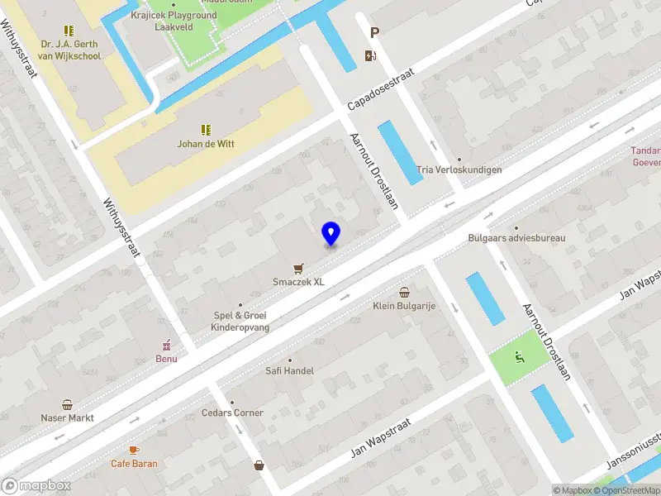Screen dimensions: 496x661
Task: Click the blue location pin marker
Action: coord(330,233)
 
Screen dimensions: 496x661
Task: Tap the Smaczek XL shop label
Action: coord(298,281)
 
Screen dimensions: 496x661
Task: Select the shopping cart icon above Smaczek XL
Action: coord(298,268)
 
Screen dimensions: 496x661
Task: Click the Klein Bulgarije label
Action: coord(404,306)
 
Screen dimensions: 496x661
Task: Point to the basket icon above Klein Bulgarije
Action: coord(404,292)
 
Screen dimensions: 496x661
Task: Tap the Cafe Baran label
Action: coord(134,464)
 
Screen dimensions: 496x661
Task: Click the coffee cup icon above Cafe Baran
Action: coord(134,450)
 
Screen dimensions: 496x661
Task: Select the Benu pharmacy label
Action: coord(166,359)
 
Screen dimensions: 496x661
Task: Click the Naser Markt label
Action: coord(67,418)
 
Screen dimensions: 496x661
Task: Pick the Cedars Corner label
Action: coord(232,413)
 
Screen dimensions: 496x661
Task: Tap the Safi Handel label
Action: coord(289,371)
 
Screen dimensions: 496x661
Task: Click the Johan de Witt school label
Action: coord(206,144)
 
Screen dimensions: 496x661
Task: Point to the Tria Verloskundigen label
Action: coord(459,169)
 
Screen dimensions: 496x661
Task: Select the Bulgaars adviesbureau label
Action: coord(516,238)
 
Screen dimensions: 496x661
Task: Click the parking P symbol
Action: coord(374,33)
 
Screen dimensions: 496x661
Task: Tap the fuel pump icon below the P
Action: coord(369,55)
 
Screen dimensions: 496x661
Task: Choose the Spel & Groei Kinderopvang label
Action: coord(240,322)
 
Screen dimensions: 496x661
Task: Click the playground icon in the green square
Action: coord(519,357)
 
